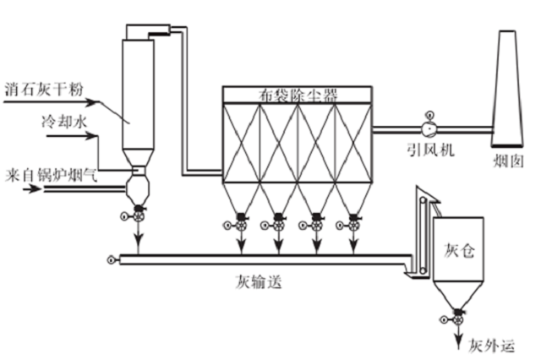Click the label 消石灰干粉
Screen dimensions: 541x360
tap(44, 89)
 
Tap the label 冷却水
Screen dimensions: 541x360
tap(64, 122)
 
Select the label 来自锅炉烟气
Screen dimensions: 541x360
tap(52, 175)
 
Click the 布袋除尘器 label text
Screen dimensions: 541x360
tap(298, 95)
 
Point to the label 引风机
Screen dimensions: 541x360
tap(430, 150)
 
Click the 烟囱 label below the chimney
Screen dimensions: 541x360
tap(508, 161)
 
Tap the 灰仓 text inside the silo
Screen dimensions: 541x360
tap(459, 251)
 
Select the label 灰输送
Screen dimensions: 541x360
tap(259, 281)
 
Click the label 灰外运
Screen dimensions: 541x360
tap(491, 346)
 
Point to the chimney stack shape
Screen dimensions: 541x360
tap(507, 88)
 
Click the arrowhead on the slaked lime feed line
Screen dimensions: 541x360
tap(91, 102)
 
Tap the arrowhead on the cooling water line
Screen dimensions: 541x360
tap(90, 136)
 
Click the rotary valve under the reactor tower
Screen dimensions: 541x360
tap(138, 215)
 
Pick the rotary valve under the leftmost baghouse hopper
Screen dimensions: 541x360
tap(241, 223)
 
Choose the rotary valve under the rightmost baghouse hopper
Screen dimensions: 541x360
tap(353, 223)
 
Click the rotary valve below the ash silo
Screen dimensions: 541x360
tap(458, 318)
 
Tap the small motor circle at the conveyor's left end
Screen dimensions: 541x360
tap(111, 259)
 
